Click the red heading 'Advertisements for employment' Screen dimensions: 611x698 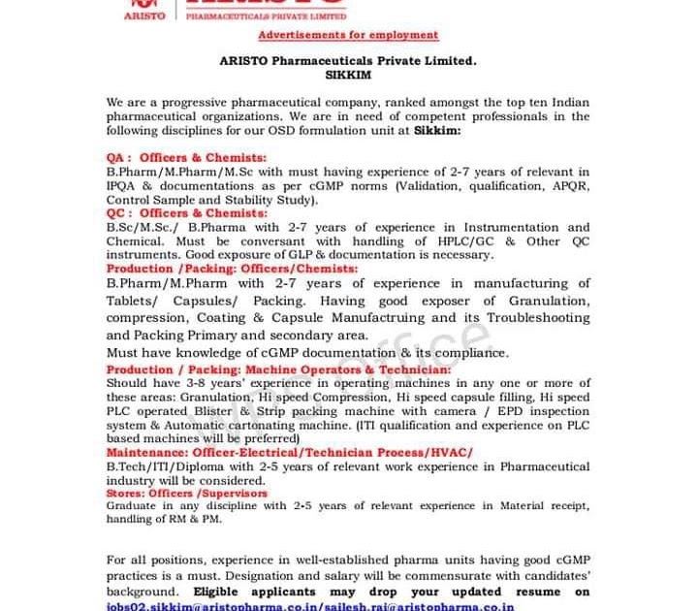pyautogui.click(x=348, y=35)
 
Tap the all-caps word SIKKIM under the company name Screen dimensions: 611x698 pyautogui.click(x=348, y=73)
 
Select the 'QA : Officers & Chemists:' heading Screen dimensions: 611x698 pyautogui.click(x=186, y=157)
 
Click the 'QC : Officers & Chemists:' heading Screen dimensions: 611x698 pyautogui.click(x=186, y=212)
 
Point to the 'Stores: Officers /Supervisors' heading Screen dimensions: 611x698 pyautogui.click(x=186, y=493)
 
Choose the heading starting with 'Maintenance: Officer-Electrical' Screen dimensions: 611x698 pyautogui.click(x=289, y=453)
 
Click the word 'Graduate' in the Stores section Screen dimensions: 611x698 pyautogui.click(x=132, y=505)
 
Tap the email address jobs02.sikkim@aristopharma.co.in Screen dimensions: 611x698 pyautogui.click(x=185, y=606)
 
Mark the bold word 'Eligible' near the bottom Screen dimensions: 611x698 pyautogui.click(x=228, y=592)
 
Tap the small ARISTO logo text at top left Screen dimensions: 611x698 pyautogui.click(x=145, y=16)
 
